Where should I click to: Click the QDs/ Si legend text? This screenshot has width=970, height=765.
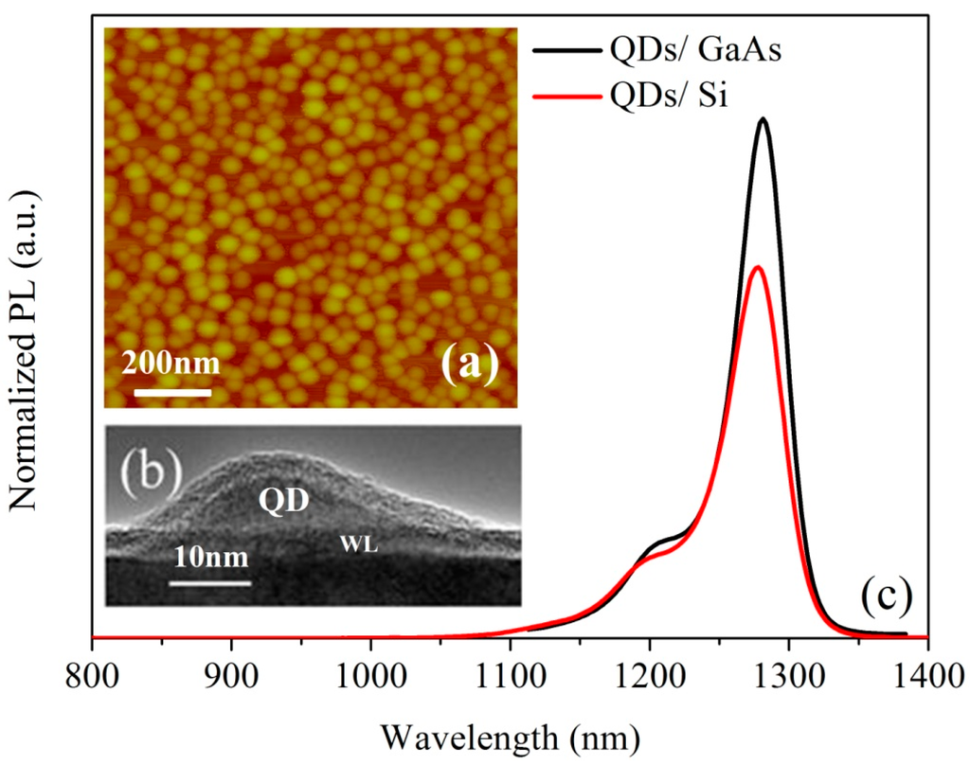click(x=669, y=96)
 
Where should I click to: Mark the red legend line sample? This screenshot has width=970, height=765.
click(x=566, y=96)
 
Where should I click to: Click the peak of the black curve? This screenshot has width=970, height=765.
click(x=762, y=119)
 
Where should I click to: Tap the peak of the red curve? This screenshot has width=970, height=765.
click(x=757, y=267)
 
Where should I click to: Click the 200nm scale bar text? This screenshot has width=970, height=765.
click(x=170, y=363)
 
